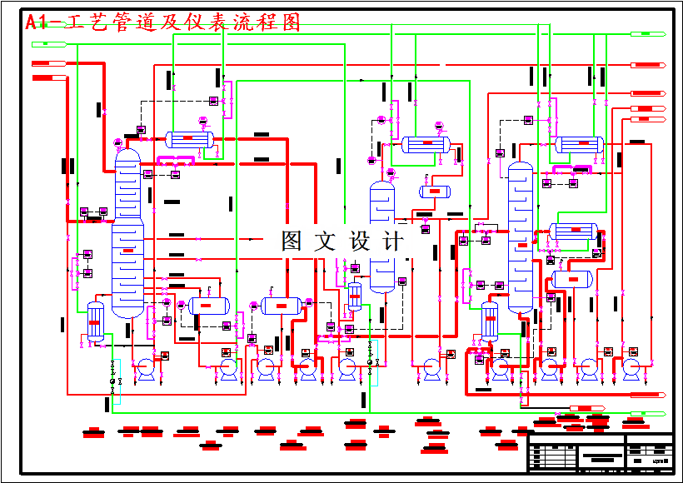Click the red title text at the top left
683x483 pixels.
pyautogui.click(x=162, y=23)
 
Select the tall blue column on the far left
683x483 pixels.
pyautogui.click(x=127, y=233)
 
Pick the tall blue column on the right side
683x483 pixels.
pyautogui.click(x=521, y=237)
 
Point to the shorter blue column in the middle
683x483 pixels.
pyautogui.click(x=382, y=237)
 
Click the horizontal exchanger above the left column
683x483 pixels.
pyautogui.click(x=189, y=140)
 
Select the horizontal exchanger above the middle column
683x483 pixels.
pyautogui.click(x=426, y=144)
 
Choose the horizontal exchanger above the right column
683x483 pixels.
pyautogui.click(x=579, y=144)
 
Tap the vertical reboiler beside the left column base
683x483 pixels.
pyautogui.click(x=95, y=321)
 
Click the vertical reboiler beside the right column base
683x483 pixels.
pyautogui.click(x=490, y=321)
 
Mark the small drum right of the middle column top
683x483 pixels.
pyautogui.click(x=435, y=192)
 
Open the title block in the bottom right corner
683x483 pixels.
pyautogui.click(x=601, y=453)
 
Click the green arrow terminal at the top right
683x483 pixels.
pyautogui.click(x=648, y=34)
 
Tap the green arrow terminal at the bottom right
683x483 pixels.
pyautogui.click(x=648, y=413)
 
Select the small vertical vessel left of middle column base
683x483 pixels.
pyautogui.click(x=355, y=296)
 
